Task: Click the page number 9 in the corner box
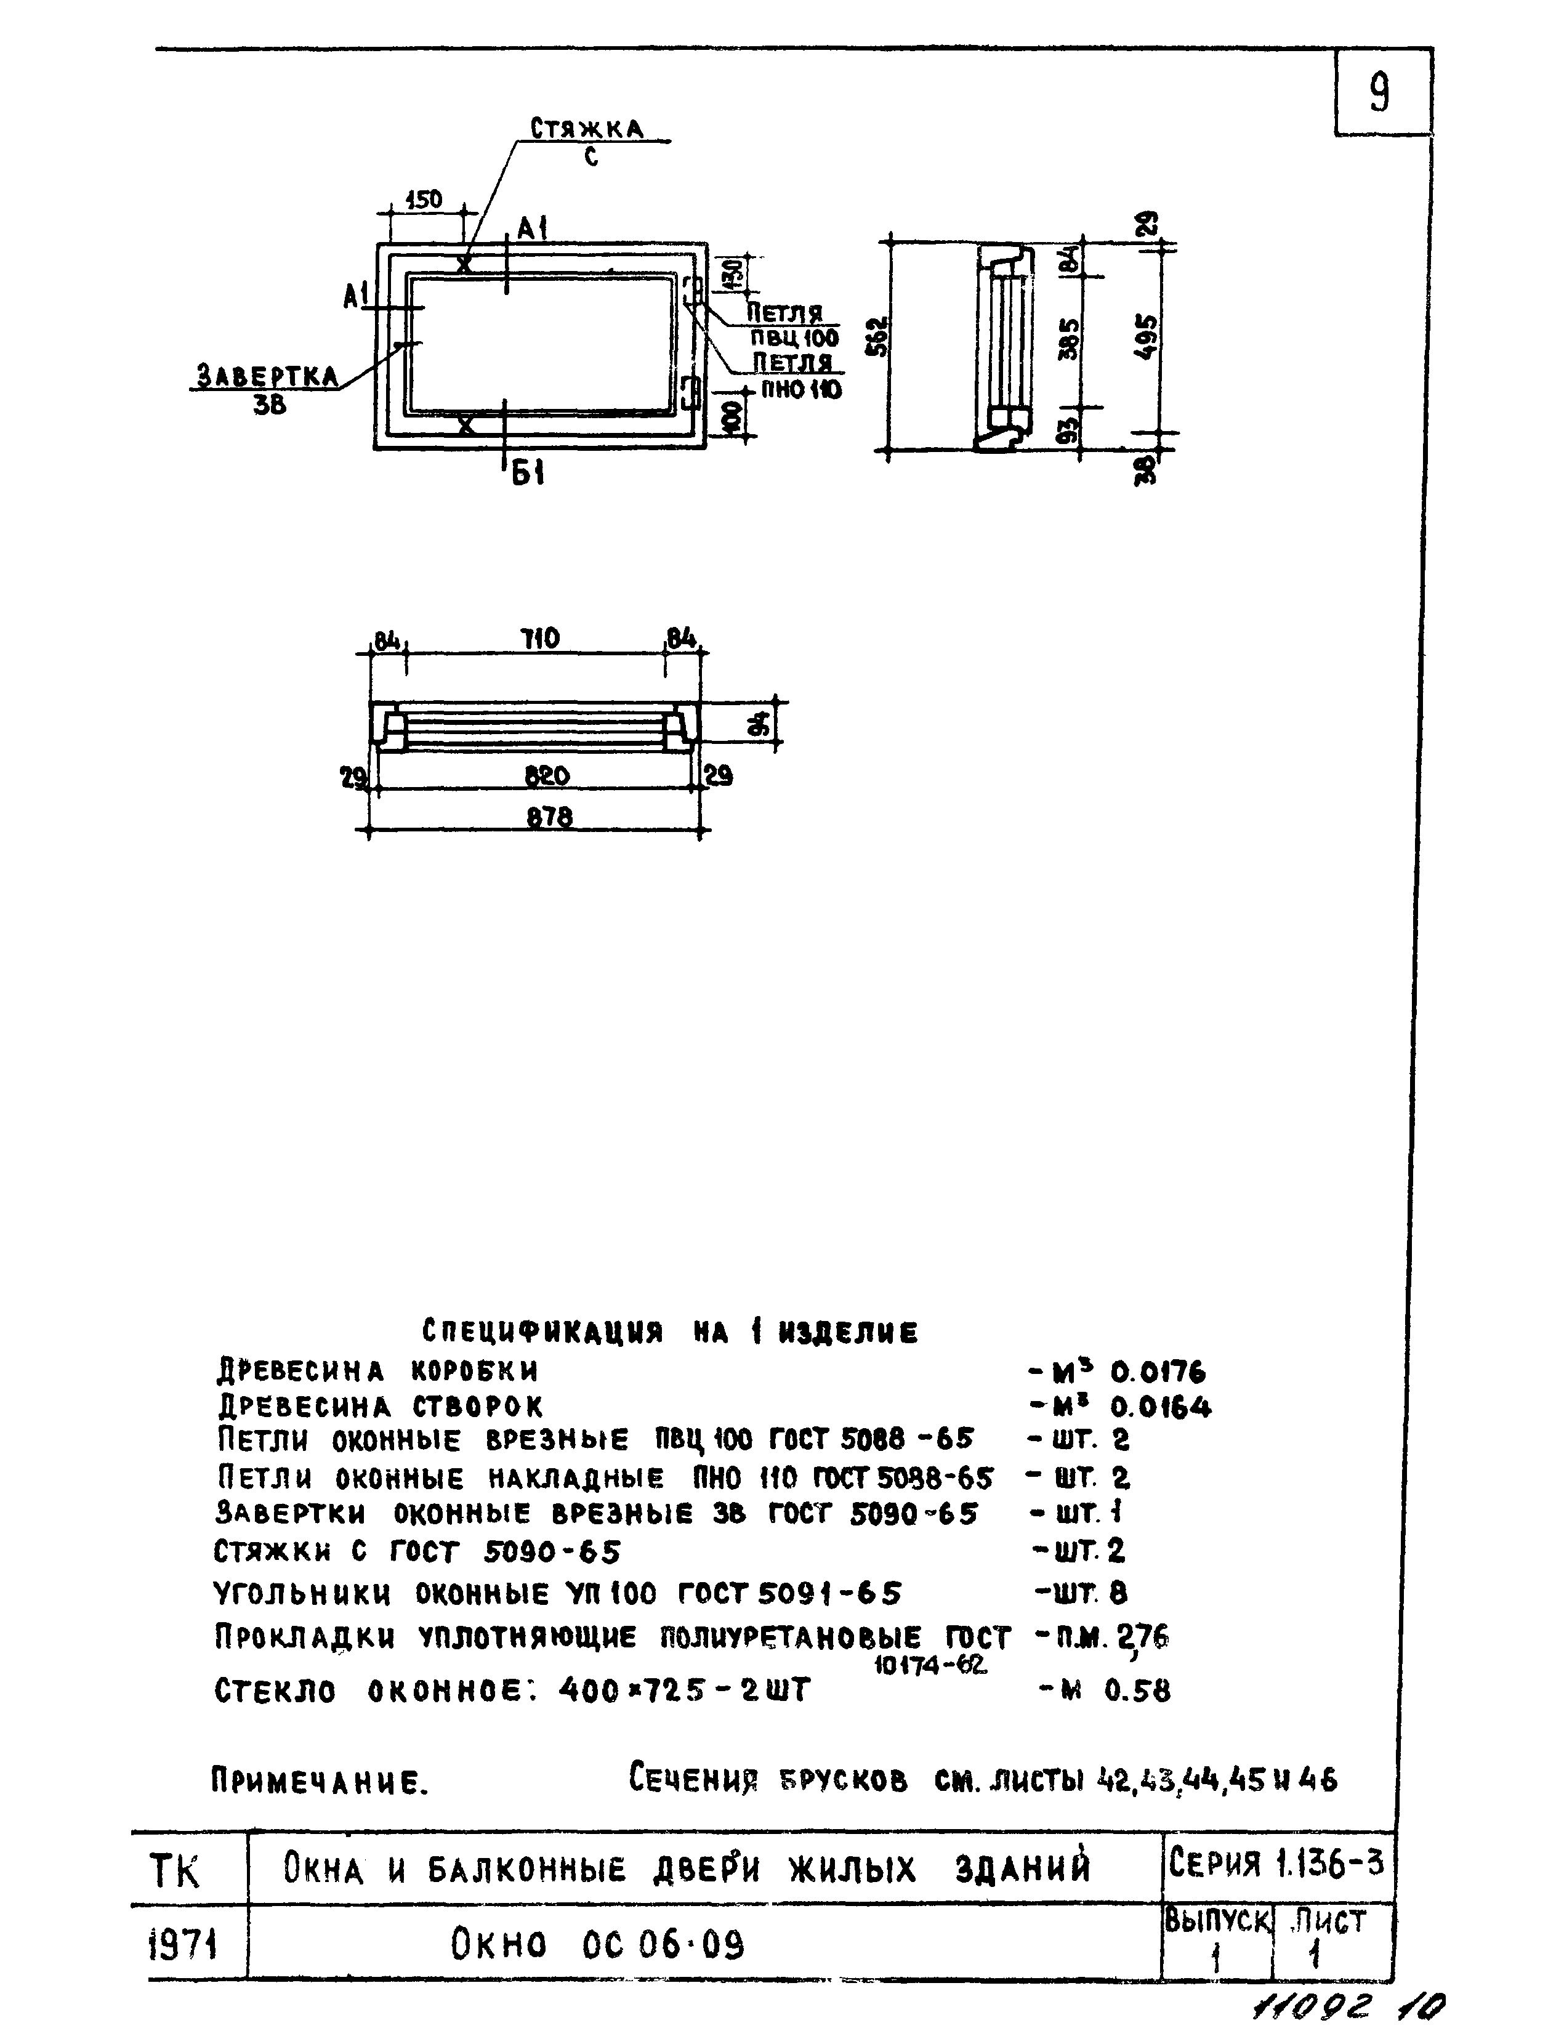pos(1380,93)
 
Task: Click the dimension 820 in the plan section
pos(547,775)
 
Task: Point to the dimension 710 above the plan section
pos(540,640)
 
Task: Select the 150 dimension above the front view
pos(424,200)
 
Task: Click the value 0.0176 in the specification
pos(1158,1372)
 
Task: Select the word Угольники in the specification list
pos(302,1594)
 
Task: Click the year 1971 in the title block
pos(183,1944)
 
